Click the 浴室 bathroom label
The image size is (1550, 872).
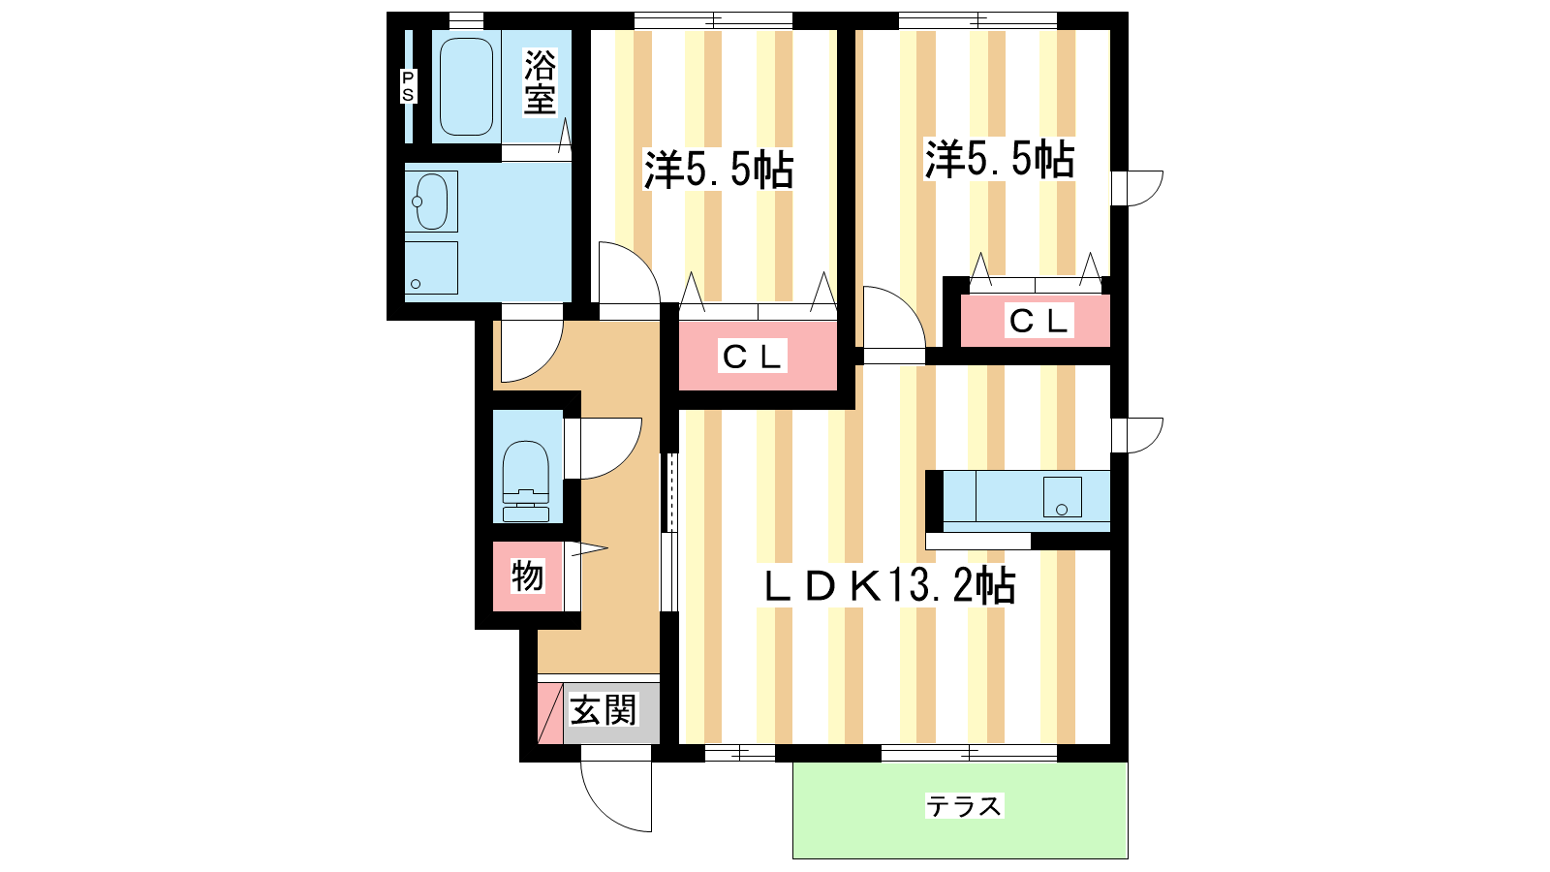pyautogui.click(x=540, y=82)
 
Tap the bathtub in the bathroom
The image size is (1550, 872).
pyautogui.click(x=466, y=86)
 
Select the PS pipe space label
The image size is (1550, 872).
pyautogui.click(x=408, y=86)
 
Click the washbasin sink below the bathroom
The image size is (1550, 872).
pyautogui.click(x=431, y=201)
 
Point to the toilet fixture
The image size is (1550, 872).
pyautogui.click(x=526, y=481)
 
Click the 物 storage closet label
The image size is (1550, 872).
pyautogui.click(x=527, y=576)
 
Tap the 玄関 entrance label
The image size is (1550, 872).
pyautogui.click(x=603, y=709)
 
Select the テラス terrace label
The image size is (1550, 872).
pyautogui.click(x=964, y=806)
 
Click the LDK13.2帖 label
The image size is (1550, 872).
pyautogui.click(x=889, y=586)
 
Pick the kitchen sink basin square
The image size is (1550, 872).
pyautogui.click(x=1062, y=497)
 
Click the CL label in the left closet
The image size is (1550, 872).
pyautogui.click(x=752, y=357)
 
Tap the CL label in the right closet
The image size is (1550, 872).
pyautogui.click(x=1038, y=321)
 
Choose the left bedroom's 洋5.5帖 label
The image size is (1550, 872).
pyautogui.click(x=719, y=169)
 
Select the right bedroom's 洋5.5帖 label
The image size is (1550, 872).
pyautogui.click(x=1000, y=159)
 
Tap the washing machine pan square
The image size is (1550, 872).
pyautogui.click(x=431, y=267)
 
